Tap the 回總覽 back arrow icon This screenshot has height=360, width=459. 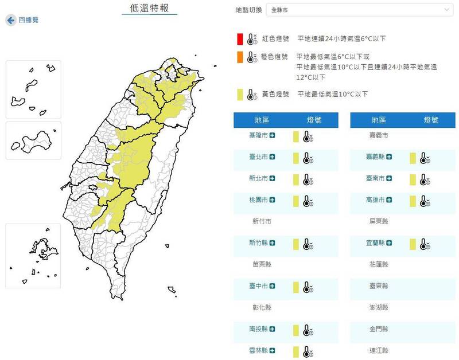10,20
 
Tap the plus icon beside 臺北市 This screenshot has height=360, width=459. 273,157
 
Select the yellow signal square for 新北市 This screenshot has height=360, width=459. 296,179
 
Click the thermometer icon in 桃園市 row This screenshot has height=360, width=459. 308,201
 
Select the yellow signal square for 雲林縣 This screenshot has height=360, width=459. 296,351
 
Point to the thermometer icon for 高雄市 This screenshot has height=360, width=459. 425,201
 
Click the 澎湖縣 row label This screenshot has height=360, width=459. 379,307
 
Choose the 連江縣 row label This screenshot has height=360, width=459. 379,350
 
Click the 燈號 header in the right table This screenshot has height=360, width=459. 431,120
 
